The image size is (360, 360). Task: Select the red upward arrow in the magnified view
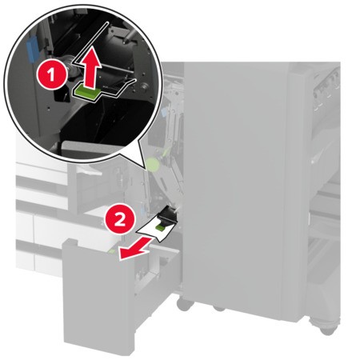pos(91,70)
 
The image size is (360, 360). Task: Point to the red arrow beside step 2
pos(134,249)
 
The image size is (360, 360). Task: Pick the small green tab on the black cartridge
pos(161,226)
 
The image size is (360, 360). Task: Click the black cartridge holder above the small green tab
pos(167,214)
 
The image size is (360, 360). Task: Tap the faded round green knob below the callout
pos(153,165)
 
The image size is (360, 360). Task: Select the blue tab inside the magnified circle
pos(31,50)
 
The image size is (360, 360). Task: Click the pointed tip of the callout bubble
pos(146,169)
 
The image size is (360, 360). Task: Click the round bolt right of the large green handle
pos(145,86)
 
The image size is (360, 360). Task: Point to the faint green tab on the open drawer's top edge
pos(112,251)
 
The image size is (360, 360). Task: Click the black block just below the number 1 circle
pos(62,95)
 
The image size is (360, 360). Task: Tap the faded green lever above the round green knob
pos(166,151)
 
